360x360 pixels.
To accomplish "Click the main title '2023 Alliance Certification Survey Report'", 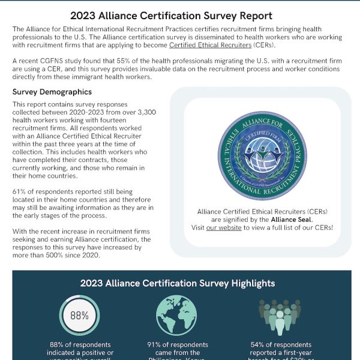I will tap(179, 16).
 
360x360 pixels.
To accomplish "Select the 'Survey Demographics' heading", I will tap(52, 92).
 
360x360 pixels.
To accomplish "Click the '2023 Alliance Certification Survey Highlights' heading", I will tap(178, 283).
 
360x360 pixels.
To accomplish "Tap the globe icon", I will tap(176, 315).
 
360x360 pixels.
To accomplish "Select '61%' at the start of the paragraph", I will tap(20, 191).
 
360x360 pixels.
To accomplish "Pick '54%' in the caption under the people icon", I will tap(258, 344).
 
